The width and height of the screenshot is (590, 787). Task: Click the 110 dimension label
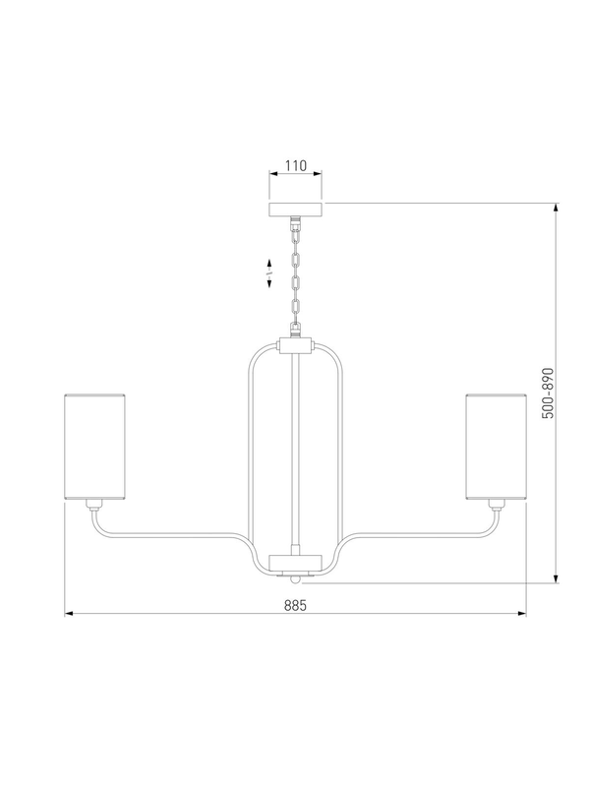[x=296, y=165]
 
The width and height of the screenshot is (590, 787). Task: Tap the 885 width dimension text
[x=295, y=605]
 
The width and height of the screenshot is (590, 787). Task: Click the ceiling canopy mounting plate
[x=296, y=210]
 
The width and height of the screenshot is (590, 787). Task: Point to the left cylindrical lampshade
[x=94, y=447]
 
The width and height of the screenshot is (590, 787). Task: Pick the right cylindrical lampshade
[x=496, y=447]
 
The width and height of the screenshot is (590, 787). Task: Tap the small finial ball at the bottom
[x=296, y=579]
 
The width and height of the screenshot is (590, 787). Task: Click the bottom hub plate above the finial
[x=296, y=562]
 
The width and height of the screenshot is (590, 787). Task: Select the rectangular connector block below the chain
[x=296, y=345]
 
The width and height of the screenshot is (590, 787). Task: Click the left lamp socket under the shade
[x=94, y=505]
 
